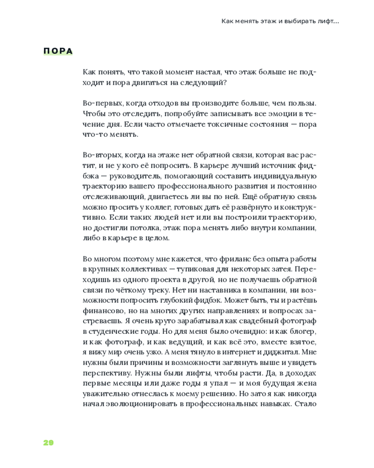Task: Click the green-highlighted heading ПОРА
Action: [x=58, y=51]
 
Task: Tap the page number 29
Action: [x=48, y=443]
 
